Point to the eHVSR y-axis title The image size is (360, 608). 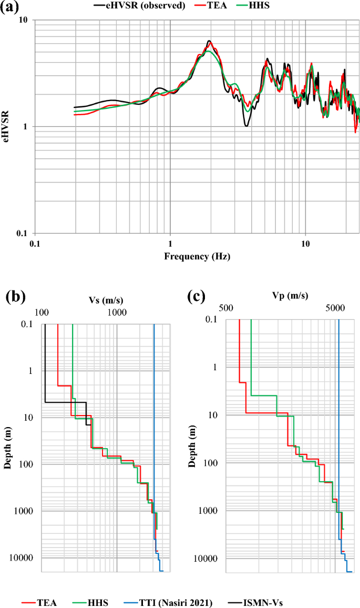pyautogui.click(x=6, y=126)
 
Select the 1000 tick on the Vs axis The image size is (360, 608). pyautogui.click(x=117, y=312)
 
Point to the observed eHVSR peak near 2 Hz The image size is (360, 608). pyautogui.click(x=209, y=41)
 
